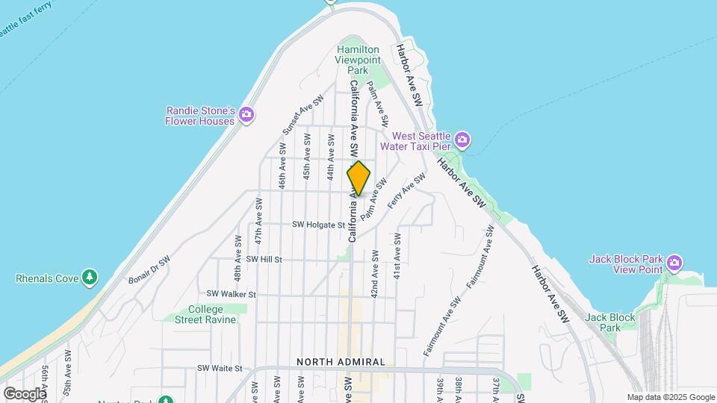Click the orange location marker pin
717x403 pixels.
[358, 178]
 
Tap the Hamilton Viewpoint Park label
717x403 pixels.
[357, 60]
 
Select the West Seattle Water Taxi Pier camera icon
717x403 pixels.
[462, 140]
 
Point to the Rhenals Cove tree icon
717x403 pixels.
[90, 278]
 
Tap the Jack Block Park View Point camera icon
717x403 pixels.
[674, 263]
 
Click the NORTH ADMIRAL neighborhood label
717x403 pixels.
[341, 362]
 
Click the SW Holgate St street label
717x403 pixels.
[319, 224]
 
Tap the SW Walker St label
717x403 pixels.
[232, 294]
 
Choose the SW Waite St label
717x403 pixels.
[220, 368]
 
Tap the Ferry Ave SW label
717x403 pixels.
[407, 191]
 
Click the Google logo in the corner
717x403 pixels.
[24, 393]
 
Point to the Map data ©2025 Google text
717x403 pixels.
[671, 397]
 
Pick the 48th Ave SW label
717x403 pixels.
[238, 253]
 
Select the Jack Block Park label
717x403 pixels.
[610, 322]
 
